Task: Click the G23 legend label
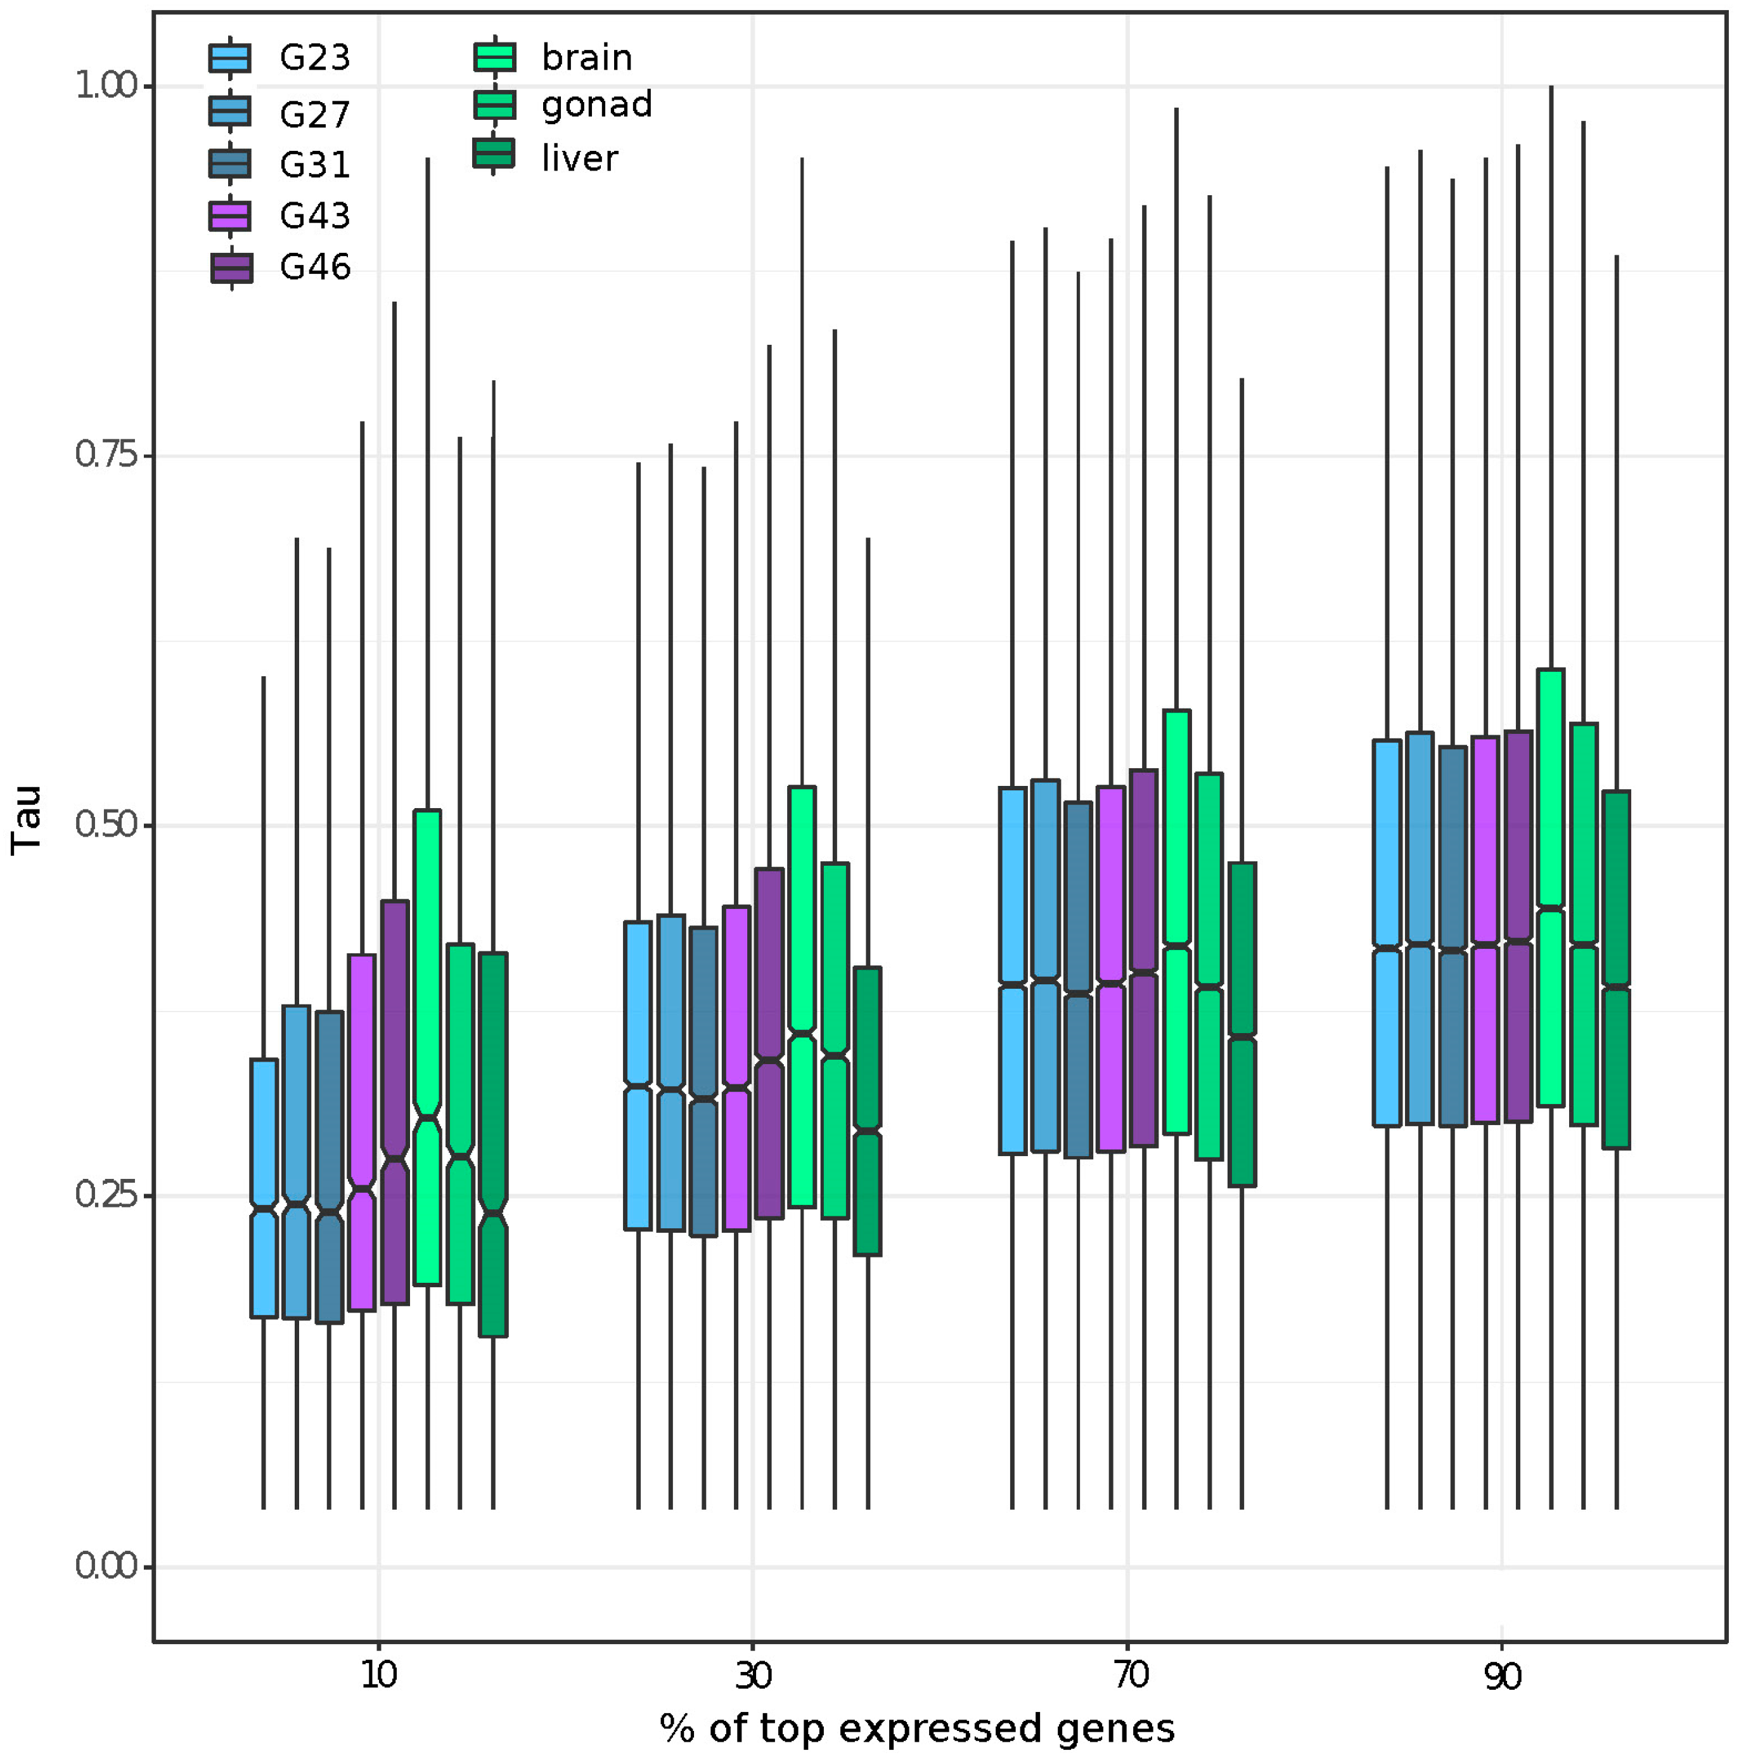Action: (x=314, y=58)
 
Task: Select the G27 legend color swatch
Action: (x=230, y=112)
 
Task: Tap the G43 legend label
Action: (x=314, y=216)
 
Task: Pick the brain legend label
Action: (x=586, y=58)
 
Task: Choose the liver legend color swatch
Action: (x=494, y=154)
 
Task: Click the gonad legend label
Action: (x=596, y=105)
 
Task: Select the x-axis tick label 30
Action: (x=754, y=1675)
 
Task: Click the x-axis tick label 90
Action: (x=1502, y=1675)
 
